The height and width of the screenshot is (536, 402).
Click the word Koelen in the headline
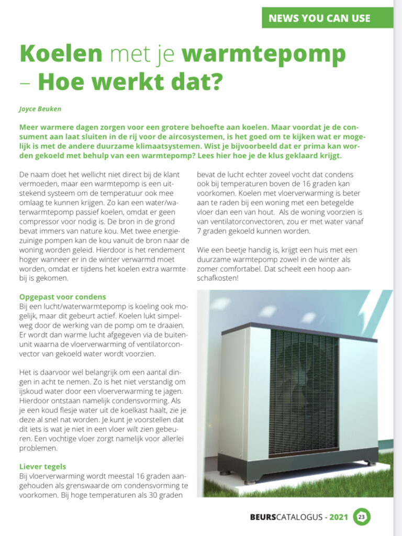click(x=61, y=54)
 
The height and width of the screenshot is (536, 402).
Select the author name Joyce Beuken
click(x=39, y=109)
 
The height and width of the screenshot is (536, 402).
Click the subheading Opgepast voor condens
click(x=62, y=297)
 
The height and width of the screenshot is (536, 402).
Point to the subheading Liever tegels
click(x=43, y=466)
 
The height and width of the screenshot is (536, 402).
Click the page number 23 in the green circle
click(x=362, y=517)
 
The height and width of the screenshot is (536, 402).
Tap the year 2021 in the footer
click(x=339, y=517)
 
